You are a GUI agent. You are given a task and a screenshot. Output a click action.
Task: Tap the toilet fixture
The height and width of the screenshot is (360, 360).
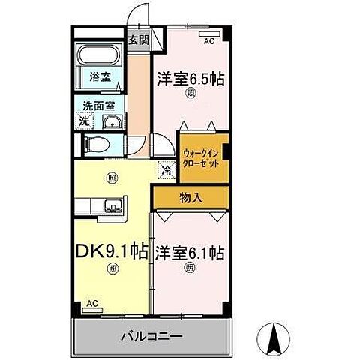tap(94, 145)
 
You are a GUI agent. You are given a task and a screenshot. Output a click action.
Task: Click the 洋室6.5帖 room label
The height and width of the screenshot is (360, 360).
tap(191, 78)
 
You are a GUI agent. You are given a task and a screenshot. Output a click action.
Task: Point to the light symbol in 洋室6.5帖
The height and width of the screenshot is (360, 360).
tap(190, 94)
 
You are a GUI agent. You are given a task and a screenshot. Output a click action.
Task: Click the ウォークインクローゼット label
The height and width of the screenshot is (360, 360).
tap(203, 157)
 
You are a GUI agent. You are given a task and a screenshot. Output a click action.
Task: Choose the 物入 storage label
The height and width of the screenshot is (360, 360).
tap(190, 199)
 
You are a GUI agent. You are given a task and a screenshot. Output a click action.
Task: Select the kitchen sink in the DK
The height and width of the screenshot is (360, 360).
tap(113, 205)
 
